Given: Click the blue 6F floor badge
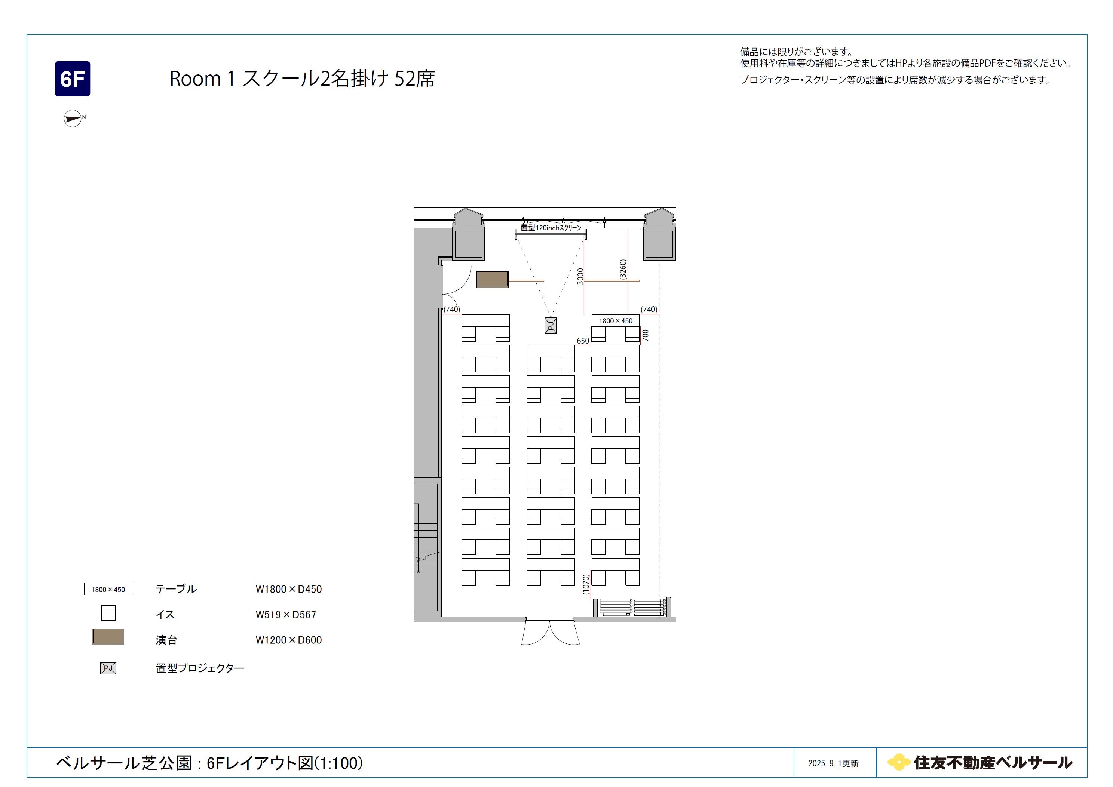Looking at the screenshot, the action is point(72,79).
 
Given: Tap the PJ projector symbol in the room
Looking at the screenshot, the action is point(550,326).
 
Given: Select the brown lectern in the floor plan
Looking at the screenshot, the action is point(493,279).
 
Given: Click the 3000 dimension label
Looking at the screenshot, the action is point(580,276).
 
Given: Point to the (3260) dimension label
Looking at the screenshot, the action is point(623,270).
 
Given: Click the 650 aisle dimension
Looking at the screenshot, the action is point(583,341).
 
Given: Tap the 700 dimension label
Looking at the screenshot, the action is point(645,335).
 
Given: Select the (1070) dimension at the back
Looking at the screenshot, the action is point(586,584).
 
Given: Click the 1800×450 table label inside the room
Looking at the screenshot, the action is point(616,321).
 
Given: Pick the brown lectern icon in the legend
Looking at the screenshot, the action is point(108,637).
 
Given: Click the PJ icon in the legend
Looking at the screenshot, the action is point(108,668).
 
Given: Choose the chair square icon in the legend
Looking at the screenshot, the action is point(108,612).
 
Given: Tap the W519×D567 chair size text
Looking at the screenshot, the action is point(286,615).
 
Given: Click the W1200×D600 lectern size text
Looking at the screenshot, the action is point(289,640).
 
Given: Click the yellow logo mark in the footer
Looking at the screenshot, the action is point(898,762).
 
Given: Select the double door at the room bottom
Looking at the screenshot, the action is point(550,633).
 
